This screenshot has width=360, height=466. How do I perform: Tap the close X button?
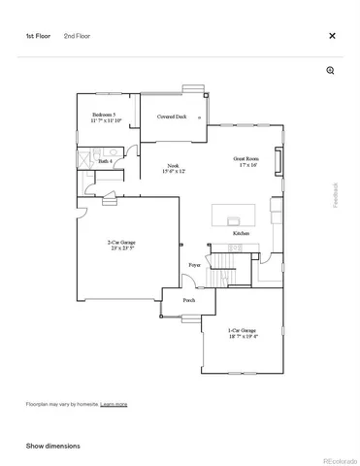[332, 36]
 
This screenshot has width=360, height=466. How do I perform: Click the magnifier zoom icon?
[330, 71]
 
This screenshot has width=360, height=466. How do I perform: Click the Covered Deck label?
[173, 116]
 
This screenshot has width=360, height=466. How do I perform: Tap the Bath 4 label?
[105, 161]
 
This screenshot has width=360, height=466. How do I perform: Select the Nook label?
[174, 167]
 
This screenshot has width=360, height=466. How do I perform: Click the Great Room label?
[245, 160]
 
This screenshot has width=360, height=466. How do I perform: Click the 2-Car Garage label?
[120, 245]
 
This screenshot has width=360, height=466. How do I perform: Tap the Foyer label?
[194, 264]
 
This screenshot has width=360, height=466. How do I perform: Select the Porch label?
[189, 300]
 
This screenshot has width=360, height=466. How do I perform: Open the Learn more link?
[114, 403]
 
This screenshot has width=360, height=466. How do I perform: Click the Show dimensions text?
[52, 446]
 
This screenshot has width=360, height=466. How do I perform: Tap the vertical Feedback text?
[337, 195]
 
